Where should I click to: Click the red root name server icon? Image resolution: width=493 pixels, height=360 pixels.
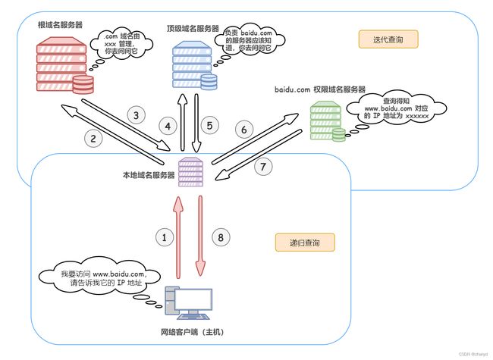[x=64, y=65]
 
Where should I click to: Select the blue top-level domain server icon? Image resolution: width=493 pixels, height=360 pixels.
[x=195, y=65]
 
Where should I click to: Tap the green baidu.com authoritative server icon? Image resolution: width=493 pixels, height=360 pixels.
[x=328, y=121]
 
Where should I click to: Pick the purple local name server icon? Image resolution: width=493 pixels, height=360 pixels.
[x=190, y=172]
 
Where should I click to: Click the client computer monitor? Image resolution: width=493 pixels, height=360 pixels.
[x=193, y=300]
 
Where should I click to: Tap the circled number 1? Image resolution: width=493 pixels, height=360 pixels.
[x=164, y=237]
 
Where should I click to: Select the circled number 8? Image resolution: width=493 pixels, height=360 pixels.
[x=221, y=237]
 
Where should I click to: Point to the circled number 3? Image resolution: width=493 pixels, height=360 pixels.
[x=136, y=115]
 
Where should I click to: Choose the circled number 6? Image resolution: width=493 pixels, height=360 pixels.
[x=244, y=130]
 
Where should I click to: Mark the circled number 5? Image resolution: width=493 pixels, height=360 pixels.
[x=209, y=126]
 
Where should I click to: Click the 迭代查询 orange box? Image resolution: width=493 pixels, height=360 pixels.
[x=388, y=39]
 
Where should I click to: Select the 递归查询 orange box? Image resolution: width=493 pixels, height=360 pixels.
[x=305, y=243]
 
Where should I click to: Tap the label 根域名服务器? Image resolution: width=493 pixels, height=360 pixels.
[x=60, y=25]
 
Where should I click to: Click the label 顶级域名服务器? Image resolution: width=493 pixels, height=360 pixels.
[x=193, y=29]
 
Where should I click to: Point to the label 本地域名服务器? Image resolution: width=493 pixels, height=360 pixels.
[x=149, y=175]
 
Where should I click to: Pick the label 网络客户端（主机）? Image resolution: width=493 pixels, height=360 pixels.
[x=193, y=332]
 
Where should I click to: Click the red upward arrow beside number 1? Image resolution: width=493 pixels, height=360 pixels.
[x=178, y=237]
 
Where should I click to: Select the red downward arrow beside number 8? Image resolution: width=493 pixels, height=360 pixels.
[x=200, y=236]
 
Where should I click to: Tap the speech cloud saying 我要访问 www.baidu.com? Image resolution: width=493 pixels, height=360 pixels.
[x=100, y=277]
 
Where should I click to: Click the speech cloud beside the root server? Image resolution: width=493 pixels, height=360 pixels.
[x=121, y=43]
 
